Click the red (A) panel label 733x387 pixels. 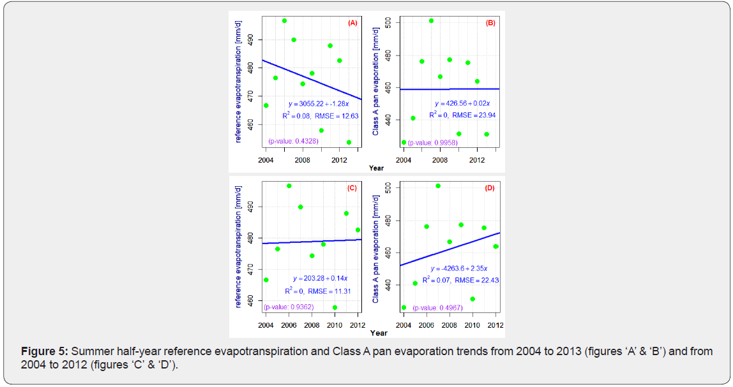(352, 23)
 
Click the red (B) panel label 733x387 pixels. (490, 23)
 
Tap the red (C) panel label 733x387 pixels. (352, 188)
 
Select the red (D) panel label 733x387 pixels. (490, 188)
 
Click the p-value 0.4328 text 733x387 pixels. (293, 142)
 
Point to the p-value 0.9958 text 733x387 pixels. (431, 142)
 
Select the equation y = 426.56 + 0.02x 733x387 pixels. (462, 103)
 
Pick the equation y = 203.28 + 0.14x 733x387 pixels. (321, 279)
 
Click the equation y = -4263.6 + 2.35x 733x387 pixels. (459, 268)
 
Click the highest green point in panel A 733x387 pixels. (284, 20)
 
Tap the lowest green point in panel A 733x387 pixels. (349, 142)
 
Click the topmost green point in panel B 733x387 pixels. (431, 20)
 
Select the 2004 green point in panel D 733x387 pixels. (404, 307)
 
